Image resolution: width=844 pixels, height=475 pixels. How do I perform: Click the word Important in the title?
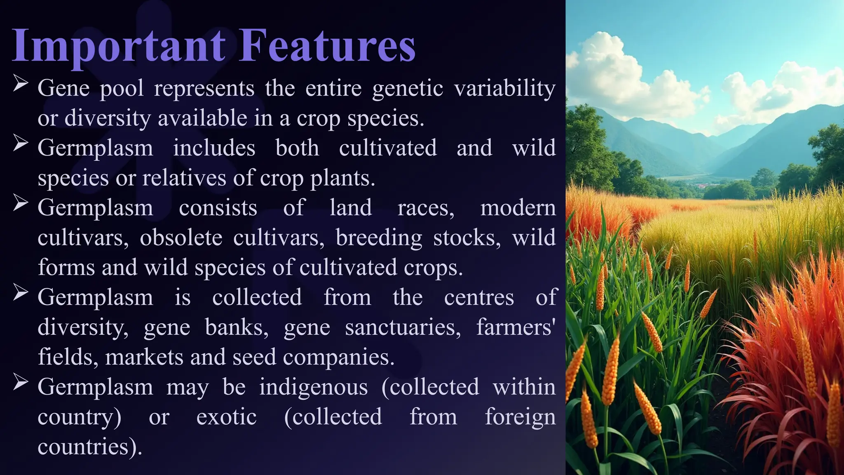pyautogui.click(x=119, y=46)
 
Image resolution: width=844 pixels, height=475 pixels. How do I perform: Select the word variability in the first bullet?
pyautogui.click(x=504, y=89)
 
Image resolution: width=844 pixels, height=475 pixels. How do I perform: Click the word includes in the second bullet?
pyautogui.click(x=214, y=148)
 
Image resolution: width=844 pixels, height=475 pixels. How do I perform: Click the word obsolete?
pyautogui.click(x=181, y=238)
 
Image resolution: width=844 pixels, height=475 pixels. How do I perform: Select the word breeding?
pyautogui.click(x=379, y=238)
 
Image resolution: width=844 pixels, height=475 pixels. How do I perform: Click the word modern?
pyautogui.click(x=518, y=208)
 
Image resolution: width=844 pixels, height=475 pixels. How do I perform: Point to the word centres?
pyautogui.click(x=479, y=297)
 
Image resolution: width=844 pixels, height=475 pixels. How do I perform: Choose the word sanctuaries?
pyautogui.click(x=403, y=327)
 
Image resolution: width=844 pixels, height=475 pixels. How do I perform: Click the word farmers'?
pyautogui.click(x=516, y=327)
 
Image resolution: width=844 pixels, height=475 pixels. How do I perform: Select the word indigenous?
pyautogui.click(x=313, y=387)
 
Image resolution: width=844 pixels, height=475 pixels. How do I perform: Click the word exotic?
pyautogui.click(x=226, y=417)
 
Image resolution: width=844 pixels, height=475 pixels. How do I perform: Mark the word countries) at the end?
pyautogui.click(x=89, y=447)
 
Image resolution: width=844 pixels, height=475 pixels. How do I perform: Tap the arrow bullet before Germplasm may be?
pyautogui.click(x=20, y=382)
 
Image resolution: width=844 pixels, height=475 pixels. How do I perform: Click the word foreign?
pyautogui.click(x=520, y=417)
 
